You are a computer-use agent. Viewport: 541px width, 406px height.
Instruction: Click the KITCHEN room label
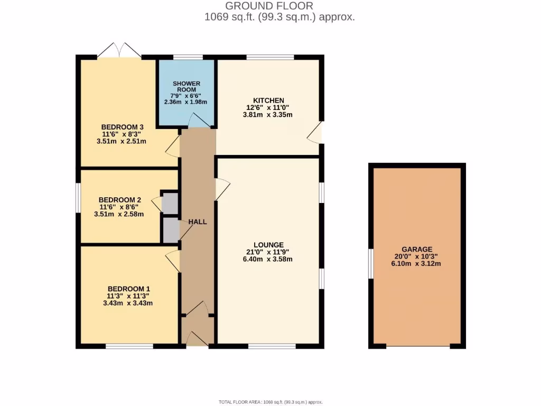click(268, 100)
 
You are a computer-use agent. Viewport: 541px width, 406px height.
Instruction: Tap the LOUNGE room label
click(268, 245)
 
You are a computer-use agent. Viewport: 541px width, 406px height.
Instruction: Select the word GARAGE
click(417, 250)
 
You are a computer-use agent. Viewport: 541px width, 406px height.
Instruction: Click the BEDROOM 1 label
click(129, 289)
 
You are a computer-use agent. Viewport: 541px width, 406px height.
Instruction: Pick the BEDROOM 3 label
click(123, 127)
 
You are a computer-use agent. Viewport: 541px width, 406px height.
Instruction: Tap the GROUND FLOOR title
click(269, 6)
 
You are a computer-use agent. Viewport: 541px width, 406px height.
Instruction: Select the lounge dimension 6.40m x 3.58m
click(268, 259)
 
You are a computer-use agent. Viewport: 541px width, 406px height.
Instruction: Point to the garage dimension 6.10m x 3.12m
click(417, 264)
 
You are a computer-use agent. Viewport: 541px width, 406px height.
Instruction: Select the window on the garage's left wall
click(371, 263)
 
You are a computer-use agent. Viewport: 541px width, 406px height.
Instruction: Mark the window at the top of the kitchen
click(270, 57)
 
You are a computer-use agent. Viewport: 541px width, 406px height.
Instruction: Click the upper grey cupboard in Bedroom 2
click(170, 204)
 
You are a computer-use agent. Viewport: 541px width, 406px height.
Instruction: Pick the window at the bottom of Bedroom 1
click(129, 346)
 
